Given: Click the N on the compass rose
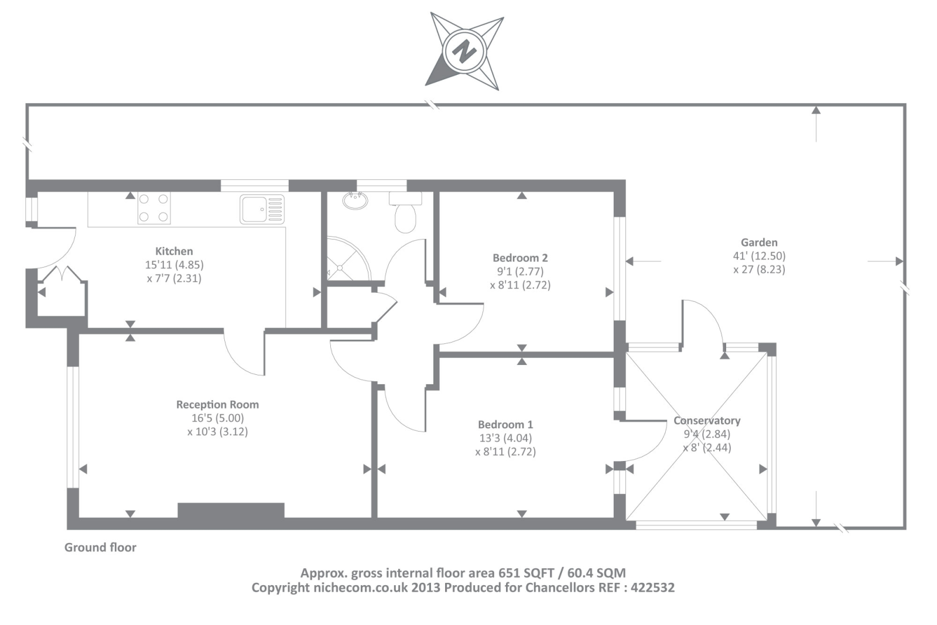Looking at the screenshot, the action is pyautogui.click(x=465, y=52).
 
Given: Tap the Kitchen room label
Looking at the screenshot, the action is pyautogui.click(x=174, y=251).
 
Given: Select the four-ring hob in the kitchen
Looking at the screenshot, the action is pyautogui.click(x=153, y=208).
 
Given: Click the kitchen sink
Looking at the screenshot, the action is pyautogui.click(x=262, y=209).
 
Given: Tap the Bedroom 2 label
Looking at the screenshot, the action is pyautogui.click(x=520, y=258).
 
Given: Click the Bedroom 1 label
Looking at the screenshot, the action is pyautogui.click(x=505, y=425).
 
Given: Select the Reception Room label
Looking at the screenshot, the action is pyautogui.click(x=217, y=405).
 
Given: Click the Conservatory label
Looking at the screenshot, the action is pyautogui.click(x=707, y=421).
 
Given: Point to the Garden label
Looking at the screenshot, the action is pyautogui.click(x=759, y=243).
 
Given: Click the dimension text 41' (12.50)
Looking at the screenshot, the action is pyautogui.click(x=759, y=256).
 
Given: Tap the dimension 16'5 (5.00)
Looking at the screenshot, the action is pyautogui.click(x=217, y=418).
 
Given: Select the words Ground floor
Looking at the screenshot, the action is pyautogui.click(x=100, y=548).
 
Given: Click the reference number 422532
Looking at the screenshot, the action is pyautogui.click(x=652, y=588).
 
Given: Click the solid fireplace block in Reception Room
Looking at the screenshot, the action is pyautogui.click(x=231, y=510).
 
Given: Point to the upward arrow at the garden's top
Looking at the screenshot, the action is pyautogui.click(x=816, y=110).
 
